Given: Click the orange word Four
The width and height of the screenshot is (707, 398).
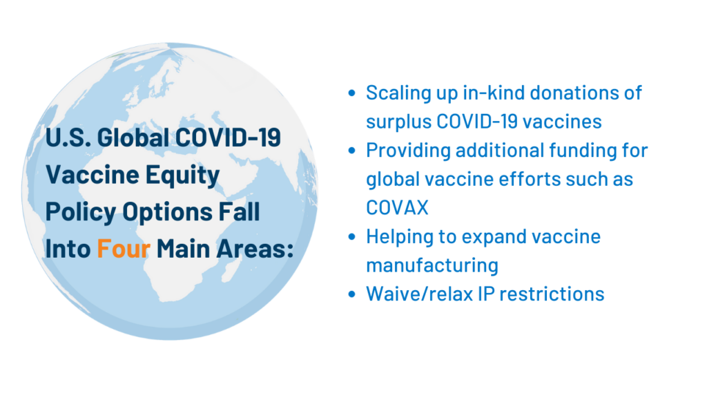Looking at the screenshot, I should point(124,249).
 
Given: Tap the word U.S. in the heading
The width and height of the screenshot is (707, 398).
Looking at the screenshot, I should point(66,138).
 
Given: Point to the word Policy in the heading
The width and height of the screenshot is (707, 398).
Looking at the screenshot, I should point(77,212).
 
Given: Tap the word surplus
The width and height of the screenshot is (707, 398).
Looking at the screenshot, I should point(398,122).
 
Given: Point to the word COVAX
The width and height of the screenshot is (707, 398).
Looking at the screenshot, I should point(397,208).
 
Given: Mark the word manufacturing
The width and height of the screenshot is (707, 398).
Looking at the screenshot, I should point(432,265).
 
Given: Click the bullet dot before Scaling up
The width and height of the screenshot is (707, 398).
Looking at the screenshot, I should point(353,93).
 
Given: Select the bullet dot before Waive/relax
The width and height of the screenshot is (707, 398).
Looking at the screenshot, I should point(353,294).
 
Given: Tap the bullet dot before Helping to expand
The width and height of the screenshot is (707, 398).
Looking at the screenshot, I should point(353,237).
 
